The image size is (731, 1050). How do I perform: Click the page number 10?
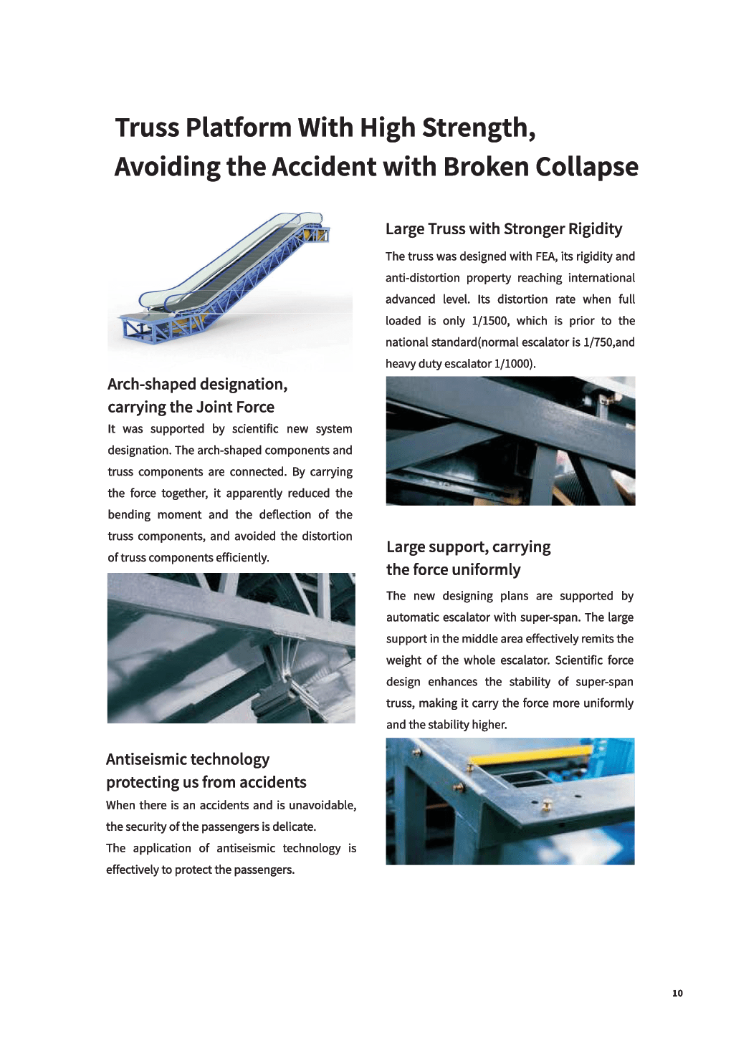coord(677,993)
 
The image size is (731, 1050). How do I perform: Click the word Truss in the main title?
coord(147,127)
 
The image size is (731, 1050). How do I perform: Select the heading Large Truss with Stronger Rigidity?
coord(503,229)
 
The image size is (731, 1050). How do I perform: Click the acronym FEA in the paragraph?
coord(545,256)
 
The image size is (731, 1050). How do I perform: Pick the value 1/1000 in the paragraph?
coord(513,364)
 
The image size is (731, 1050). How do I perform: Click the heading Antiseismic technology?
coord(188,759)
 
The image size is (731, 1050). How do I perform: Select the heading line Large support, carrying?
coord(468,547)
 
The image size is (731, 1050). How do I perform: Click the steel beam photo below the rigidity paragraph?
coord(510,440)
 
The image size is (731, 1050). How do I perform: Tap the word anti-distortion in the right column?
coord(423,278)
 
